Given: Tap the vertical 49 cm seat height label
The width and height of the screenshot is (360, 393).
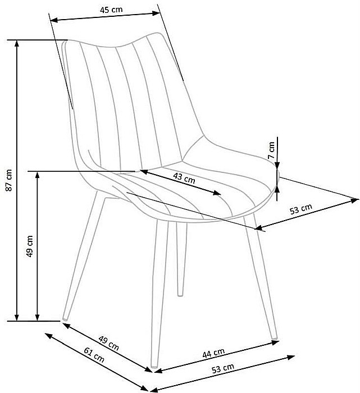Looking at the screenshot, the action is [30, 245].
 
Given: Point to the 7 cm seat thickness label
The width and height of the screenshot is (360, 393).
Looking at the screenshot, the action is [271, 150].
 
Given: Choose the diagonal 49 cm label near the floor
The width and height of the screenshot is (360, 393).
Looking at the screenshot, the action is [108, 343].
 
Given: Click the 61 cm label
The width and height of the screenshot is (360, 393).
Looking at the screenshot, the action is [94, 355].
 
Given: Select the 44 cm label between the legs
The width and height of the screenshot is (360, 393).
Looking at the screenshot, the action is [214, 353].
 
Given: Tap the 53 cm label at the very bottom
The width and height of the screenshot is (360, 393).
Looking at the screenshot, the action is [224, 368].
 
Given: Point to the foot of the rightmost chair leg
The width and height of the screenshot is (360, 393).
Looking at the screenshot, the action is [274, 338].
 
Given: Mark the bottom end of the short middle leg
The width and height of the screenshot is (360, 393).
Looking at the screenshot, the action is [180, 294].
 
